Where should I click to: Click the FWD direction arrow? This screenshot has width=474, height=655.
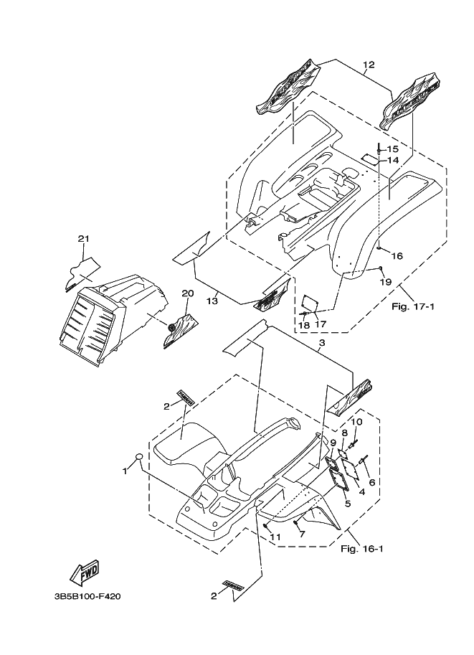[84, 572]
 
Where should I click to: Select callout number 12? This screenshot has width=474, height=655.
[368, 65]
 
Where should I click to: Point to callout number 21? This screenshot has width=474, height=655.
[83, 239]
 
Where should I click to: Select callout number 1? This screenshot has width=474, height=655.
[124, 471]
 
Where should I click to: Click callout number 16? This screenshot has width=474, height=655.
[397, 255]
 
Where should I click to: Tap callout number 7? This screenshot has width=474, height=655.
[302, 534]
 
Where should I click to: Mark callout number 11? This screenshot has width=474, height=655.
[275, 537]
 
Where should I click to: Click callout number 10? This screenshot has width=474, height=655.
[358, 422]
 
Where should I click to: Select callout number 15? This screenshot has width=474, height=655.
[392, 149]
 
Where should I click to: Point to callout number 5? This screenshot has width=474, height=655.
[349, 503]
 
